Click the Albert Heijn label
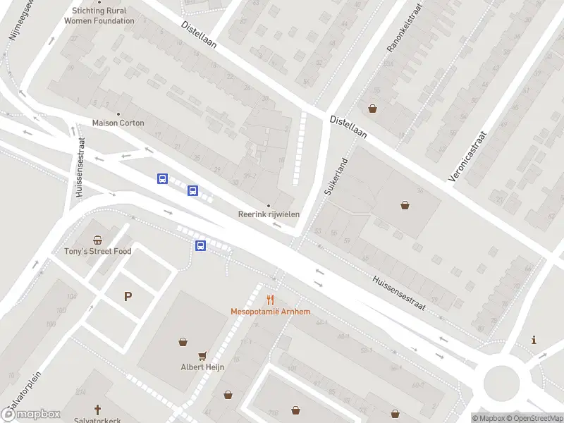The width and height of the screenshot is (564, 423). pos(202,367)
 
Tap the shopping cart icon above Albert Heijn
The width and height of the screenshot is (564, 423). pos(203,355)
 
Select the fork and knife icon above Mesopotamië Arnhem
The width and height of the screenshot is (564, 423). pos(270,300)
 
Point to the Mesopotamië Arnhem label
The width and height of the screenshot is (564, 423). pos(270,312)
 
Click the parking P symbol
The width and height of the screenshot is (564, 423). pos(128,297)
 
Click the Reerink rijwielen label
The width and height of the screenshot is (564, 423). pos(268,214)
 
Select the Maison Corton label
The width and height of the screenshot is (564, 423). pos(118,123)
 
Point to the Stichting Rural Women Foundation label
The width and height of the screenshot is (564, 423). pos(99,16)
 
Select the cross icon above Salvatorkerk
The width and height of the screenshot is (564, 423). pos(99,409)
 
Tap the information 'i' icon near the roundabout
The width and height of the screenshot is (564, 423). pos(534,340)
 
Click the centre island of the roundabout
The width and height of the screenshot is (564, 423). pos(501,381)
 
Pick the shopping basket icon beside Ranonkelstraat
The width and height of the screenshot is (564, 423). pos(372,109)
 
